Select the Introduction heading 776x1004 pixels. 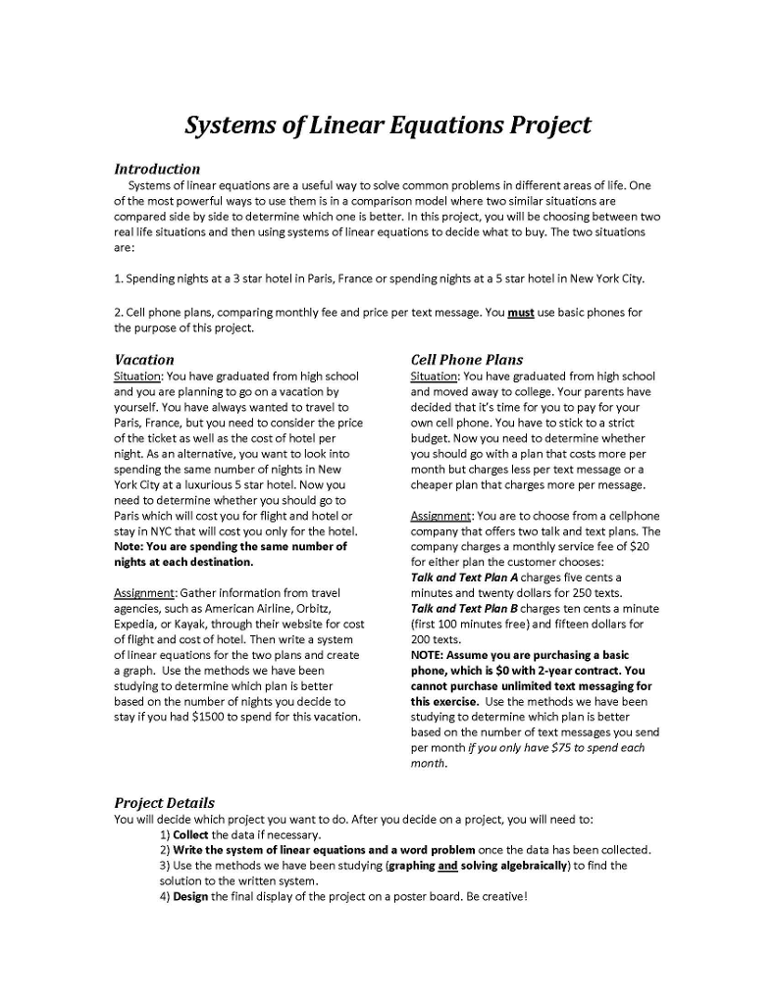point(157,169)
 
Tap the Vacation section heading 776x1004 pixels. point(144,360)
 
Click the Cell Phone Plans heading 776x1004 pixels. point(467,360)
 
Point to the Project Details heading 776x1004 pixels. point(164,803)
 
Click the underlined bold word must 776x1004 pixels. point(521,313)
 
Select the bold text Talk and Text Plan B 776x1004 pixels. point(464,609)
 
